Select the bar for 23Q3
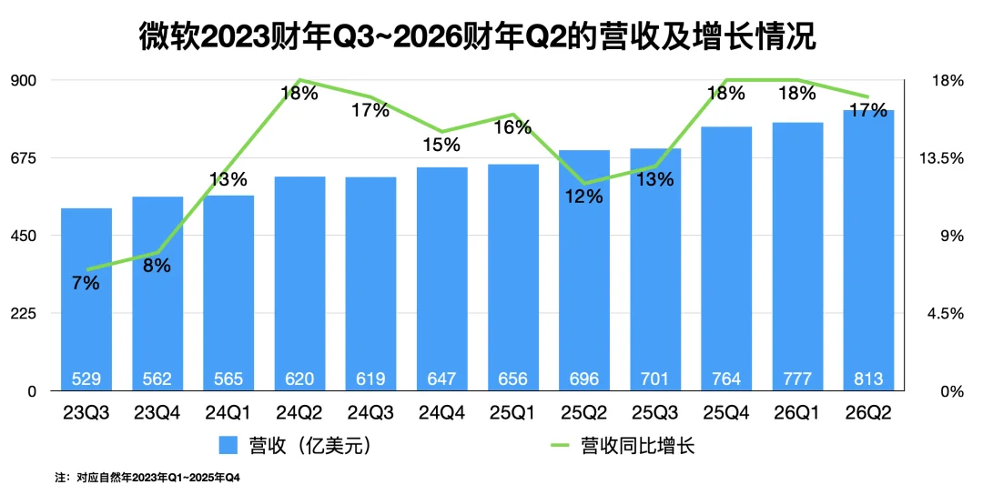pos(86,300)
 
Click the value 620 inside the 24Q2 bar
pos(299,378)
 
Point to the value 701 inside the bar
pos(655,378)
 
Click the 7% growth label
pos(85,283)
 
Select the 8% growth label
pos(157,266)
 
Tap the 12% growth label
pos(583,196)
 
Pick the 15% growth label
pos(441,145)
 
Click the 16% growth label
pos(512,127)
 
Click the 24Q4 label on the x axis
pos(441,413)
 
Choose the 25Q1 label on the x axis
pos(512,413)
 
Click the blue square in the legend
pos(228,446)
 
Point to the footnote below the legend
pos(147,477)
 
